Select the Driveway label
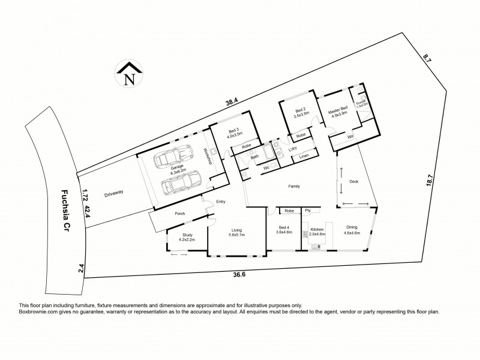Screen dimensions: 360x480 (x=113, y=194)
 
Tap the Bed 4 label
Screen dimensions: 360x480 (x=284, y=230)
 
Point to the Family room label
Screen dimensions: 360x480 (x=294, y=187)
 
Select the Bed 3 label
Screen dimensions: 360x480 (x=233, y=133)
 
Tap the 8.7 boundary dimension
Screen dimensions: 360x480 (x=427, y=59)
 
